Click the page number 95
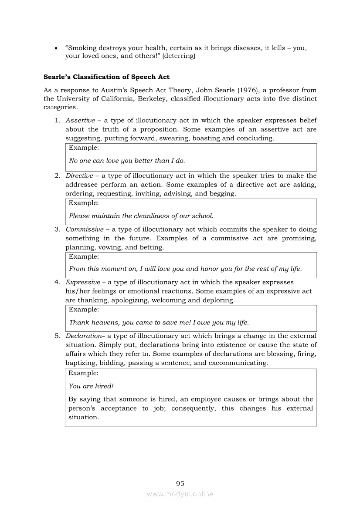[x=180, y=483]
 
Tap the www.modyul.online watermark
[x=180, y=494]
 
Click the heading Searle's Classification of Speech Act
[x=106, y=77]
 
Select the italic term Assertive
[x=80, y=120]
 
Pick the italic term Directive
[x=79, y=175]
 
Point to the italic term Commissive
[x=85, y=229]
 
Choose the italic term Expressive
[x=83, y=282]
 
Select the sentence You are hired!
[x=91, y=386]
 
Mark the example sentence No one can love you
[x=127, y=161]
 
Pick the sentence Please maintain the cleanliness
[x=141, y=216]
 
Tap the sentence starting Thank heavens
[x=159, y=323]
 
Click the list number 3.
[x=57, y=229]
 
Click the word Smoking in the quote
[x=85, y=47]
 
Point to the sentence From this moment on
[x=185, y=269]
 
